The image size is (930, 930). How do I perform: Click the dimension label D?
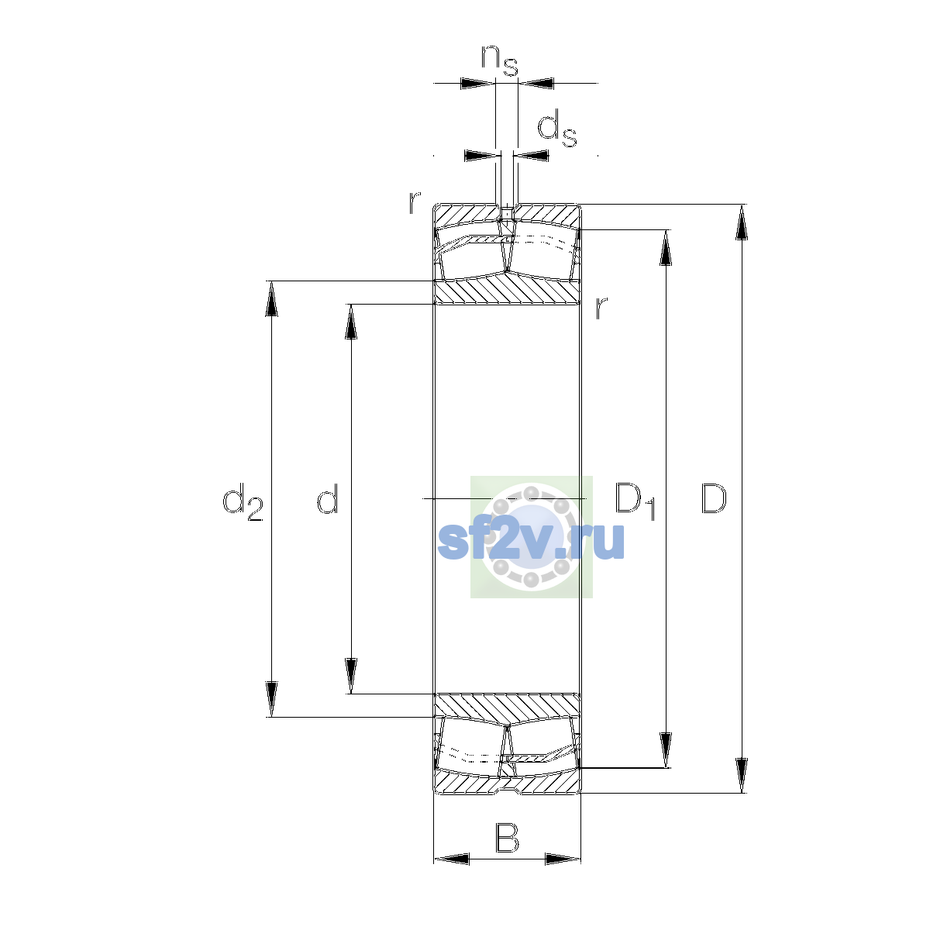[713, 498]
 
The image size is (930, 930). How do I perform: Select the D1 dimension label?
[635, 501]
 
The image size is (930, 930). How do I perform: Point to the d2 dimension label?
[243, 502]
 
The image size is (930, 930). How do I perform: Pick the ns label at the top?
[500, 60]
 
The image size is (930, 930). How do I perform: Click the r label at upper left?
[415, 202]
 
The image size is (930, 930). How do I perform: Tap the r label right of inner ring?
[601, 308]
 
